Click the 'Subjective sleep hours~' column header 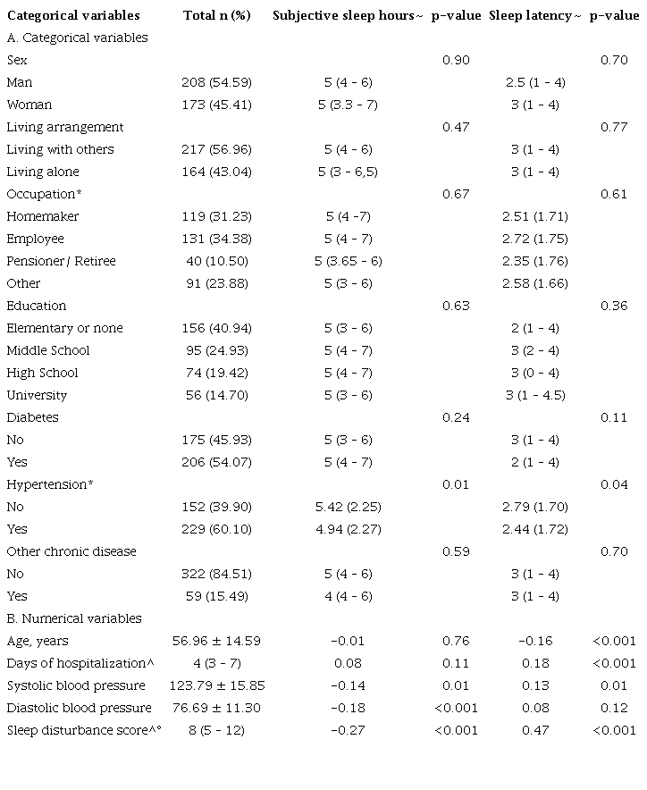348,15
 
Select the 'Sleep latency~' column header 534,15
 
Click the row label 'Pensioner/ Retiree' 61,261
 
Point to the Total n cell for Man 216,82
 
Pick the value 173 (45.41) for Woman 216,105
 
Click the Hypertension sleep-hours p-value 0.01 456,484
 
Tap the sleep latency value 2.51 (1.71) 536,216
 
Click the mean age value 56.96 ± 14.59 216,641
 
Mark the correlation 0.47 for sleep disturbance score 536,730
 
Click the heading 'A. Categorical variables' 77,38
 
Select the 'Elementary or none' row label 64,328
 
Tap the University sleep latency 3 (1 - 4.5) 536,395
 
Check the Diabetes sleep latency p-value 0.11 614,417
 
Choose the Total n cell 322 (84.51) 216,574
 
